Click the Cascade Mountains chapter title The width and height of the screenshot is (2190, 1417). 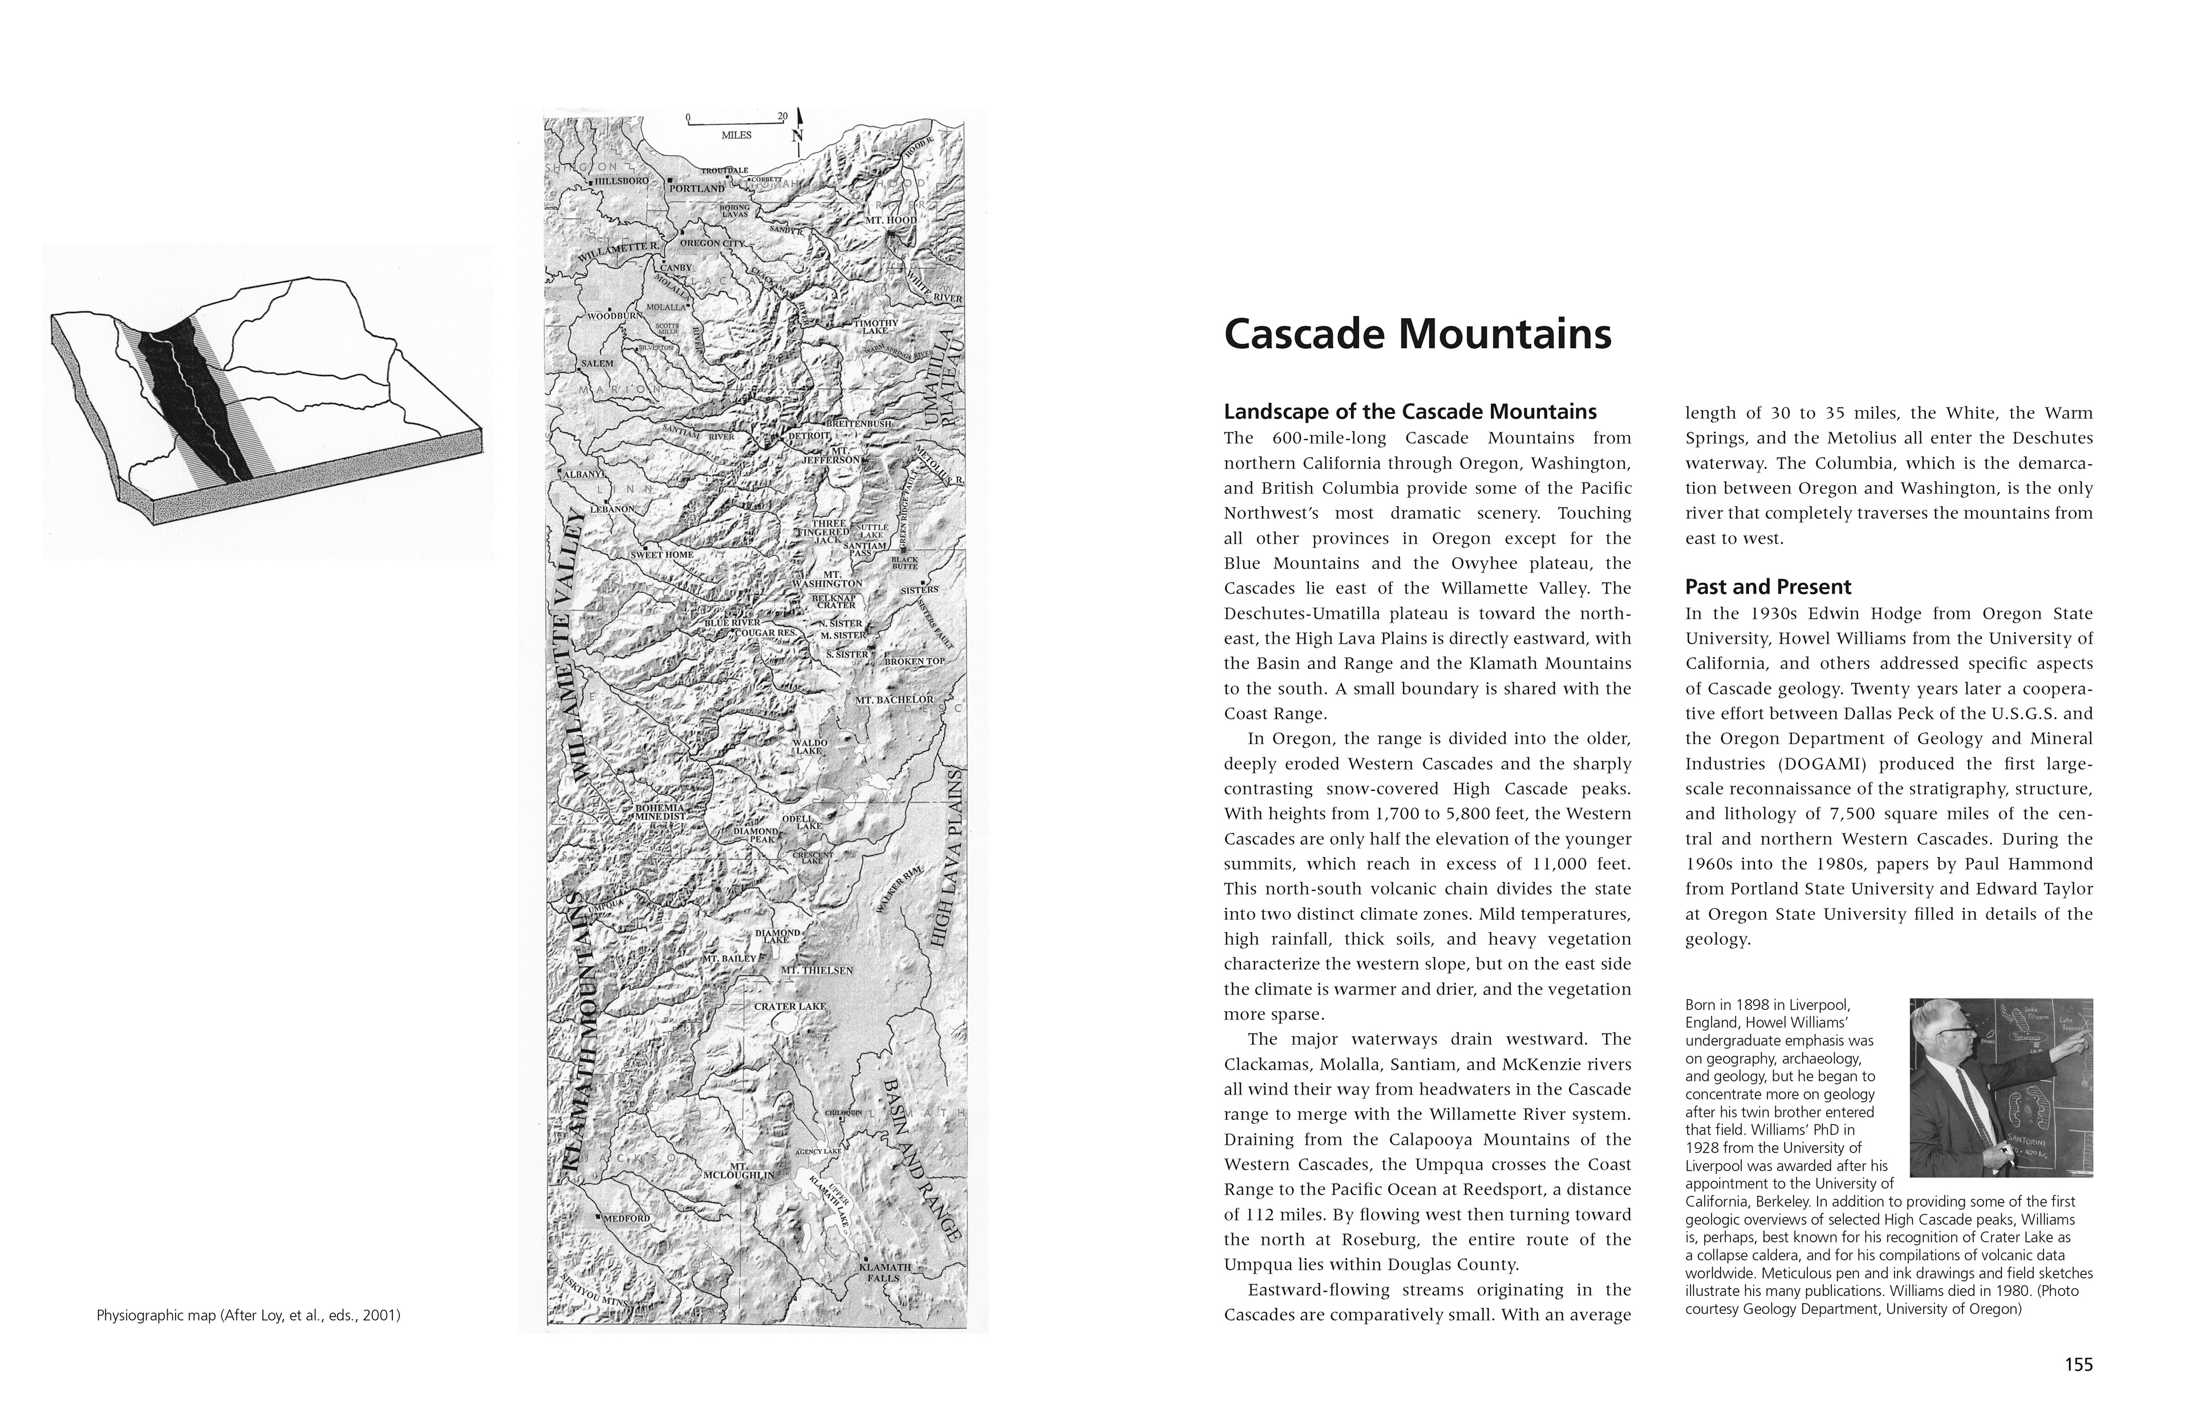(1417, 335)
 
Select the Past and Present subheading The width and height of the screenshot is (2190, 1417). (1767, 587)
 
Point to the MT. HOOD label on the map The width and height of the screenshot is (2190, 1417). (891, 221)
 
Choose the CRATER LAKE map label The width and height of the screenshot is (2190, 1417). (789, 1006)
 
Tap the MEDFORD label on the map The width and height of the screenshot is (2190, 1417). (627, 1218)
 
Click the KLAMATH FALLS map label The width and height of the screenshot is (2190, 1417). (885, 1273)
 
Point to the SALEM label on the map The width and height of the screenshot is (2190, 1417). (597, 363)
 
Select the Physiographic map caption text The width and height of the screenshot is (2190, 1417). (249, 1316)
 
